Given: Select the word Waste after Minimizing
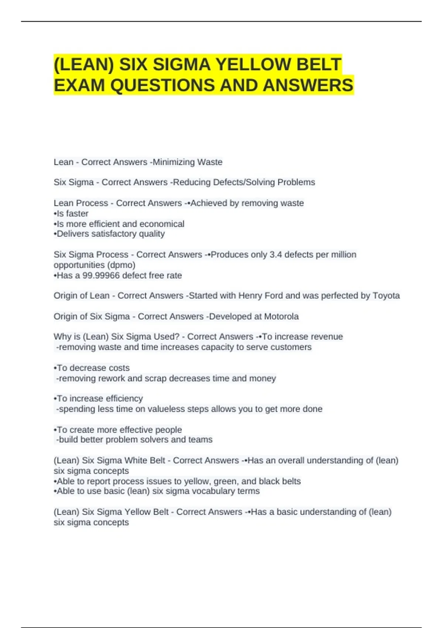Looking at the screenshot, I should tap(210, 162).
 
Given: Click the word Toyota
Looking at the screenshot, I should tap(386, 296).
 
